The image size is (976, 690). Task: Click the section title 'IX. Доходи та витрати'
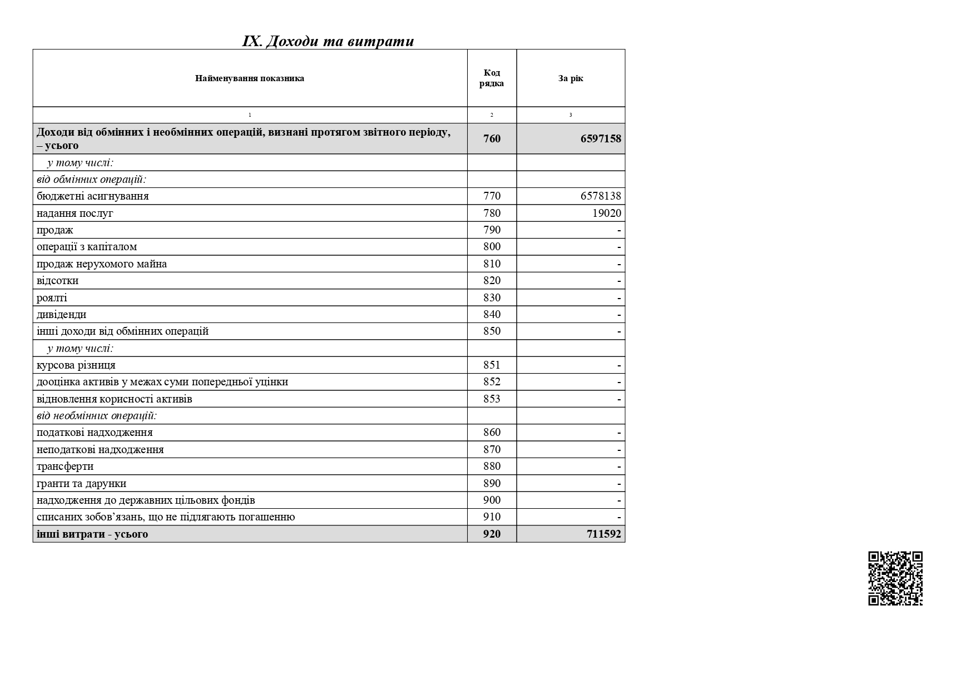328,42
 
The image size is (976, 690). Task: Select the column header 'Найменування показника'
250,78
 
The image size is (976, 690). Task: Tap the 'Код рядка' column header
492,78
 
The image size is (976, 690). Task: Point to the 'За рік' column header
571,78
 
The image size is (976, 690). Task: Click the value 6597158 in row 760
601,138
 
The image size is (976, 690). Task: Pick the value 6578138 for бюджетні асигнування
601,196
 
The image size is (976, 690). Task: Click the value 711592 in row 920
604,534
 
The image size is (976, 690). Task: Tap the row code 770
492,196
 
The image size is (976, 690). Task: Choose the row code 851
492,365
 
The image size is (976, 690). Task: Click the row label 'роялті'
52,298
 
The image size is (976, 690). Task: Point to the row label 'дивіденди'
62,315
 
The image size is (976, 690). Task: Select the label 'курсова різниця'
76,365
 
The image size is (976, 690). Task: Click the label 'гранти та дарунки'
82,484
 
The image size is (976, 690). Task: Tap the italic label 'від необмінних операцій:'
97,416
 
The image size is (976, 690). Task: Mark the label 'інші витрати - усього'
92,534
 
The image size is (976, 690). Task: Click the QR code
895,578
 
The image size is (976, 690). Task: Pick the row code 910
492,517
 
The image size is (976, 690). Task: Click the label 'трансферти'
65,466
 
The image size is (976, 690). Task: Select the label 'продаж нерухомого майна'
102,264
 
